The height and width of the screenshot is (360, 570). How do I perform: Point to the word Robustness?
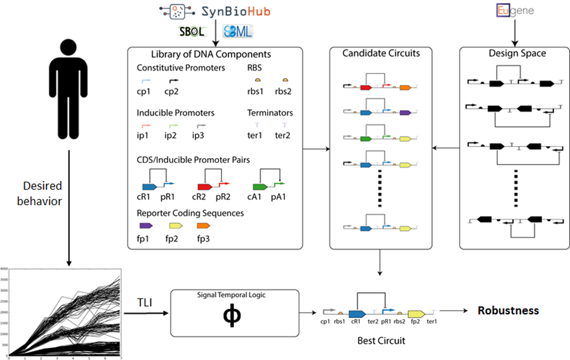click(508, 310)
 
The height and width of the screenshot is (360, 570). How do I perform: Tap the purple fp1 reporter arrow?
click(145, 225)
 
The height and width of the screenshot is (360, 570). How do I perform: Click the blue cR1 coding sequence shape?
click(149, 187)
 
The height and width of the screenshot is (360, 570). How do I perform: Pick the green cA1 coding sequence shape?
click(260, 187)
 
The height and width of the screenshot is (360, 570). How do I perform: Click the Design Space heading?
click(513, 53)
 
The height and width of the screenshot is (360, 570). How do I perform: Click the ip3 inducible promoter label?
click(201, 135)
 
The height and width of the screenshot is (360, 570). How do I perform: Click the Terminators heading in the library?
click(270, 112)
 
